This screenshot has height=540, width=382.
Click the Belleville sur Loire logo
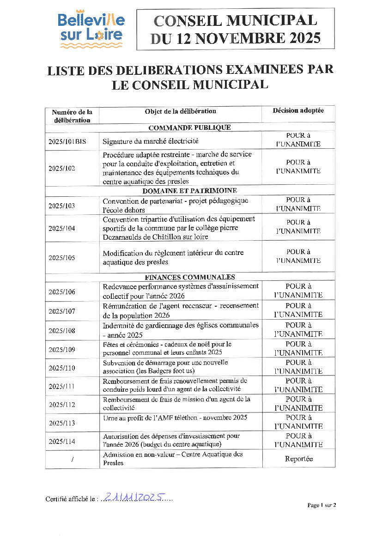point(91,29)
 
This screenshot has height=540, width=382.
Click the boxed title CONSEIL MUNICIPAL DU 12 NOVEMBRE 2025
point(235,29)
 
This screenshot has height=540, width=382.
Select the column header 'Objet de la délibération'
point(180,111)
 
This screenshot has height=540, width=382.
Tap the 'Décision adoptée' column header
point(298,111)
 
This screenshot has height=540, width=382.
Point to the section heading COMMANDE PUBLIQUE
point(189,127)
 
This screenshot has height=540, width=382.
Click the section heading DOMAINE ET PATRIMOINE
point(189,190)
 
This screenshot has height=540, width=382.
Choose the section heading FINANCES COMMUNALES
point(189,277)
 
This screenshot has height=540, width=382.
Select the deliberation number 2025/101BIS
point(67,142)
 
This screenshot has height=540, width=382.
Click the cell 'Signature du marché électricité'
point(151,141)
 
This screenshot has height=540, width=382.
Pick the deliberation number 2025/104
point(61,228)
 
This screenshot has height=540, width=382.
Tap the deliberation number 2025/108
point(61,331)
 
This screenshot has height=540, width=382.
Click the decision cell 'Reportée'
point(298,459)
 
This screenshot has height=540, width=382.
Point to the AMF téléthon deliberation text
point(175,418)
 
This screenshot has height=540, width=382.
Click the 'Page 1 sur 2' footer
point(321,505)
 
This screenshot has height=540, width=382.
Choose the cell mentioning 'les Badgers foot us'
point(165,367)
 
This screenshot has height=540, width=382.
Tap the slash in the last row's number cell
point(72,460)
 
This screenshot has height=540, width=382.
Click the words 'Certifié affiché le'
point(70,499)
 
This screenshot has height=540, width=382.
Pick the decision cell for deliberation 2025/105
point(298,256)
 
